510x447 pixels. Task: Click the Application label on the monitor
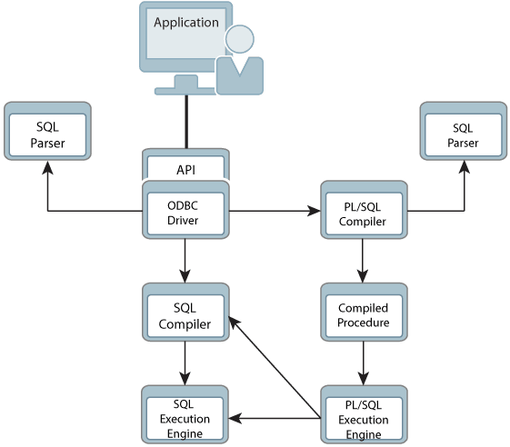(186, 22)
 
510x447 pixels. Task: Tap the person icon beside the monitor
(240, 62)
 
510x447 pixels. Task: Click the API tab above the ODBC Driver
(185, 168)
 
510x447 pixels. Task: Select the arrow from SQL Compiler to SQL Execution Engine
(185, 366)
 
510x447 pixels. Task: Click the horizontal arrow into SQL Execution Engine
(273, 419)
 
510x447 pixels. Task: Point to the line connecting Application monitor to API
(186, 118)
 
